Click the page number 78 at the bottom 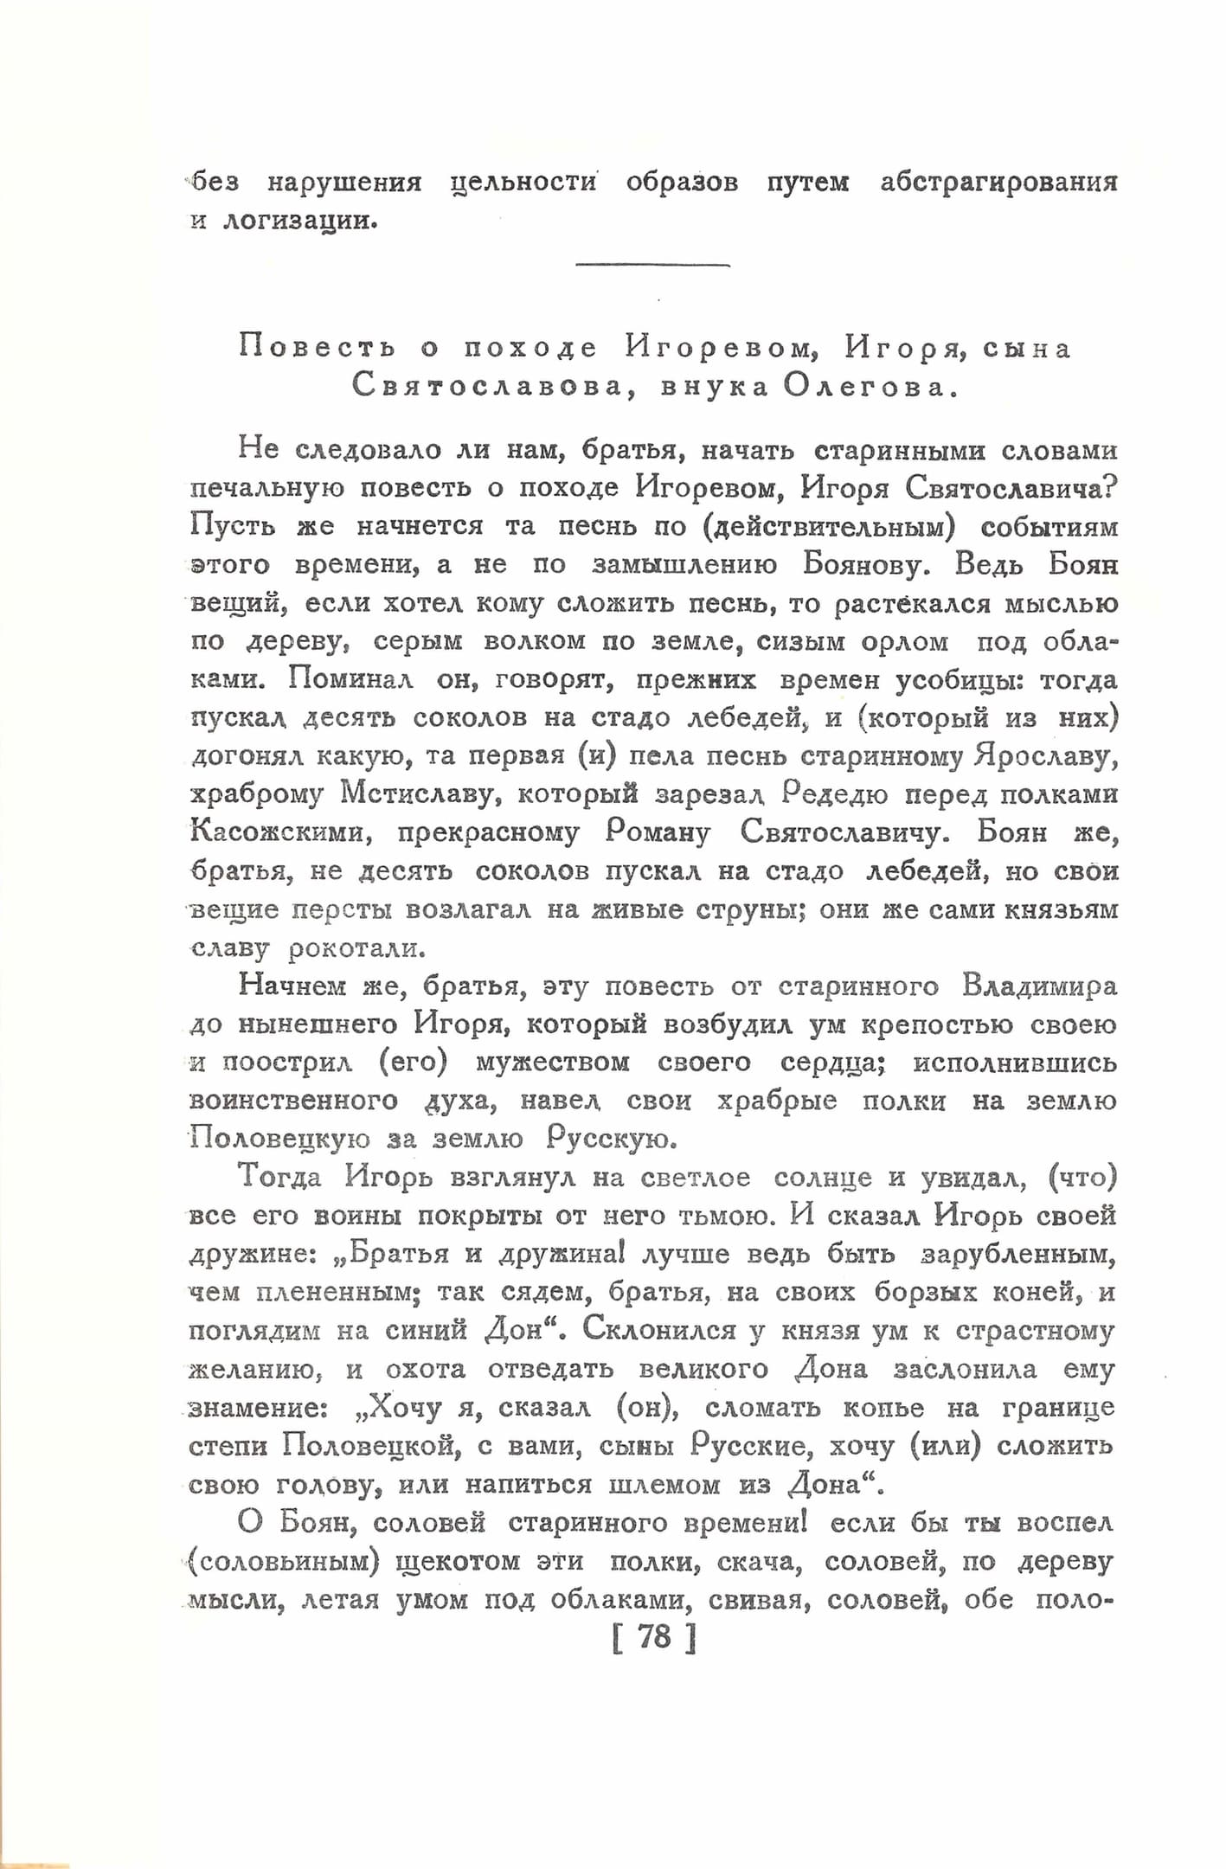[x=654, y=1637]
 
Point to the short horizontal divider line [x=652, y=265]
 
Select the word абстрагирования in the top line [x=998, y=183]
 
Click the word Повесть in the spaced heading [x=317, y=348]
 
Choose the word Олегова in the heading [x=870, y=387]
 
